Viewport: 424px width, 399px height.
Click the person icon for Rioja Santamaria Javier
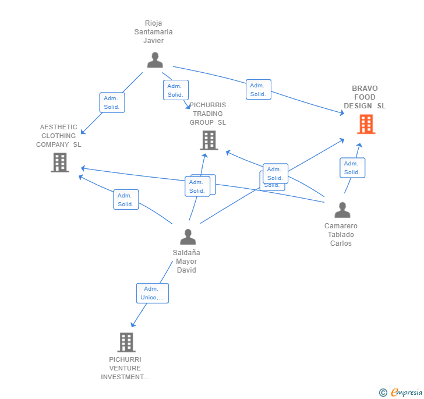(x=155, y=60)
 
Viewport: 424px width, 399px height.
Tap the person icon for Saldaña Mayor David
(x=188, y=236)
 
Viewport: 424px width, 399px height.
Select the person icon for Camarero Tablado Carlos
(x=342, y=210)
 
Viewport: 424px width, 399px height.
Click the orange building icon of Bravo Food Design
(x=366, y=124)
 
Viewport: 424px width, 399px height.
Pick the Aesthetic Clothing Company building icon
(x=60, y=163)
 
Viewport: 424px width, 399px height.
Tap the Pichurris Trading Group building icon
(x=209, y=140)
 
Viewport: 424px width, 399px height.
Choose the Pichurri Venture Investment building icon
(x=126, y=342)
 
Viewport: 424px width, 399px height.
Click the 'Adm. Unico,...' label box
(x=153, y=293)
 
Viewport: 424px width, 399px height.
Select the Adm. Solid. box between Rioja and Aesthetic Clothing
(x=112, y=103)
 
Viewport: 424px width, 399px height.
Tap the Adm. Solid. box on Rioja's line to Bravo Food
(x=258, y=90)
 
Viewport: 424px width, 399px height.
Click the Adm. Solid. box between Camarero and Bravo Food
(x=352, y=168)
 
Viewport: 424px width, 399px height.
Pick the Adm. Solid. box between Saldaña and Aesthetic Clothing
(x=126, y=200)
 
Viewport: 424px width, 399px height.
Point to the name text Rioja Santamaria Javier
(x=154, y=32)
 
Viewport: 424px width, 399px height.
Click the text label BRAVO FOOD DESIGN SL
(x=365, y=97)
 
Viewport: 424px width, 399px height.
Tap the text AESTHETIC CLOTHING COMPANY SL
(x=58, y=136)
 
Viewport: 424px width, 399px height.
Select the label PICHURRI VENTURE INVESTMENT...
(x=125, y=368)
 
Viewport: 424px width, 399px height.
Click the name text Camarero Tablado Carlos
(x=341, y=235)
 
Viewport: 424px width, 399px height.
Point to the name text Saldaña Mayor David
(x=186, y=262)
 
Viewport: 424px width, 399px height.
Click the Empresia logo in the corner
(x=401, y=392)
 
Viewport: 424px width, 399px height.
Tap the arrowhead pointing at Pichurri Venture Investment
(x=133, y=324)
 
